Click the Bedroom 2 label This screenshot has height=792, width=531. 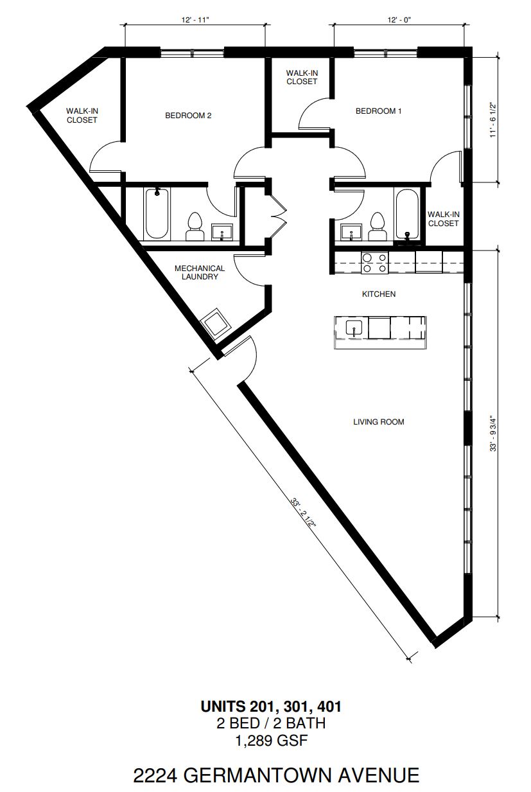(188, 116)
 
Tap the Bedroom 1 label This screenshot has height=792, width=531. (378, 111)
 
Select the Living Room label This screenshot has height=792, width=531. (379, 422)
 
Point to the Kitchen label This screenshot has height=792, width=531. (379, 294)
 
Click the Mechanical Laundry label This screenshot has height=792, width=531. (200, 272)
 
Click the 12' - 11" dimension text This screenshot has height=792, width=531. (195, 20)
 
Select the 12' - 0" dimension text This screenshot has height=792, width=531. (399, 20)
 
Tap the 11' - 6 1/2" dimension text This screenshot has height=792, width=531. (494, 120)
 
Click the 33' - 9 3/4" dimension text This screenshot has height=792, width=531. (494, 433)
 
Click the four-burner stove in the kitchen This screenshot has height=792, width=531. (375, 263)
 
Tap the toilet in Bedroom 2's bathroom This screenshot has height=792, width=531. (195, 227)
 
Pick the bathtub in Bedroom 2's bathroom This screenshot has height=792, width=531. (157, 214)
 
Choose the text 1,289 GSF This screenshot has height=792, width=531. (272, 741)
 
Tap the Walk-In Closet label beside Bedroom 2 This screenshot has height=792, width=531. (82, 116)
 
